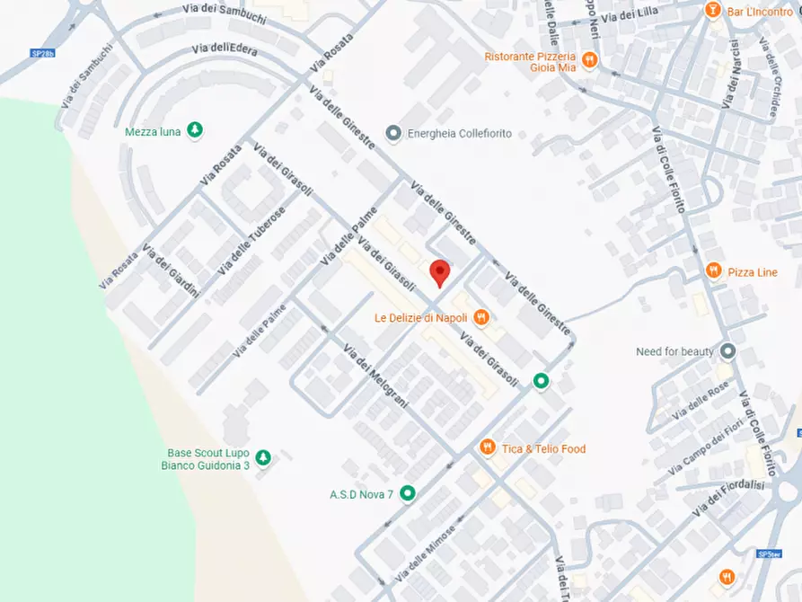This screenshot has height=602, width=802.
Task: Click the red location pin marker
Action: (439, 271)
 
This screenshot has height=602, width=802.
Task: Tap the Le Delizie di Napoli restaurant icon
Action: (481, 316)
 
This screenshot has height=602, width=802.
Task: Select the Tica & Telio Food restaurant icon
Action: (488, 447)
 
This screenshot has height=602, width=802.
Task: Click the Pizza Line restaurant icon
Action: (713, 270)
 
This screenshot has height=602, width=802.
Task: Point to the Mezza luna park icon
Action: (195, 131)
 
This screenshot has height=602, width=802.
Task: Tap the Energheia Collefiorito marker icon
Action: (392, 133)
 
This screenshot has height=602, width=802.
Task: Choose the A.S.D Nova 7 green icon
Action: (408, 492)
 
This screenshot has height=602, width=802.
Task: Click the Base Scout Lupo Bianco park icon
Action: (262, 458)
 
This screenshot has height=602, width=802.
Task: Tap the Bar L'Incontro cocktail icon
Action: (712, 11)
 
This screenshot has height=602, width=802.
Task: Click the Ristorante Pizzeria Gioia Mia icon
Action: (589, 60)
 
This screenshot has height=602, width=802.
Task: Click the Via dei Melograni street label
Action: (376, 376)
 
